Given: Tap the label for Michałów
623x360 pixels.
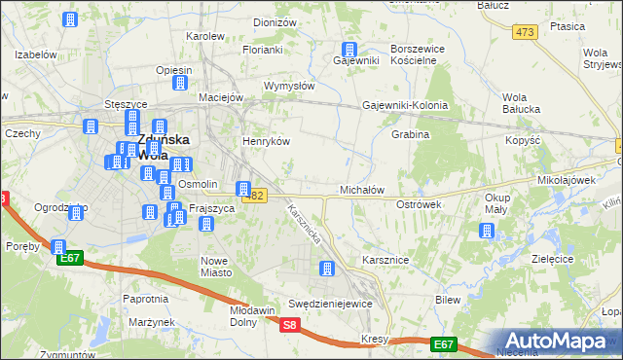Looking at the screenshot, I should [x=362, y=189].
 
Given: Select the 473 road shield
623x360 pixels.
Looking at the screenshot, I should [x=526, y=32].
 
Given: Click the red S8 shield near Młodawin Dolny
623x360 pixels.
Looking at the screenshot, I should [x=289, y=326].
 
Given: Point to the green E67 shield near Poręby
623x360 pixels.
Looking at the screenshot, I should [x=69, y=258].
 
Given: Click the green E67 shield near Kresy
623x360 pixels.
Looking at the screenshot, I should [x=444, y=343].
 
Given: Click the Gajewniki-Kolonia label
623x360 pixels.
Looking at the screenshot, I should [x=405, y=105].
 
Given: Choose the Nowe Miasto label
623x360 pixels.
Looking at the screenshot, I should [x=213, y=266].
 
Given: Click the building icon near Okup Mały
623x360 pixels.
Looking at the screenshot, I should [x=486, y=231].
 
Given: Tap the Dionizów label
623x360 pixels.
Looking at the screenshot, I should [x=275, y=21].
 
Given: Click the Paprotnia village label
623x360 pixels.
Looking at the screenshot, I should [x=145, y=299].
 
